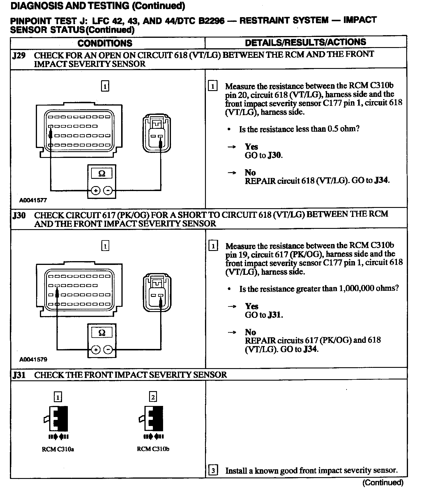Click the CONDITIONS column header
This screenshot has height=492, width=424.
[x=105, y=43]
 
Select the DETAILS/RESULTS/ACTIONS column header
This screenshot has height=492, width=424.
[x=305, y=42]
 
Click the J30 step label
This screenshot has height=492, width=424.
[x=19, y=215]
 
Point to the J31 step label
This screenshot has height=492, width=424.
[x=19, y=375]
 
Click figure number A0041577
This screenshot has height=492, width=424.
[x=33, y=200]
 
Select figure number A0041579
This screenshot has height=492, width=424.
[x=33, y=359]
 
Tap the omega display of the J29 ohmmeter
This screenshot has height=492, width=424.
[x=102, y=174]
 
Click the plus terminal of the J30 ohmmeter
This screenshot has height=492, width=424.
[x=96, y=350]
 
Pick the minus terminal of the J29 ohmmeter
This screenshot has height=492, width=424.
[x=108, y=191]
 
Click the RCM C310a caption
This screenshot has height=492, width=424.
[x=58, y=449]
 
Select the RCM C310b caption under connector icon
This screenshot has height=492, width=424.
[x=153, y=449]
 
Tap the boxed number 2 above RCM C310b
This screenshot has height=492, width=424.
[x=153, y=397]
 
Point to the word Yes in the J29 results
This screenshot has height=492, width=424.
[x=251, y=147]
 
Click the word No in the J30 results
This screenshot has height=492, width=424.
[x=250, y=332]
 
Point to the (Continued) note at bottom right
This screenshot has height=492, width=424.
[x=383, y=483]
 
